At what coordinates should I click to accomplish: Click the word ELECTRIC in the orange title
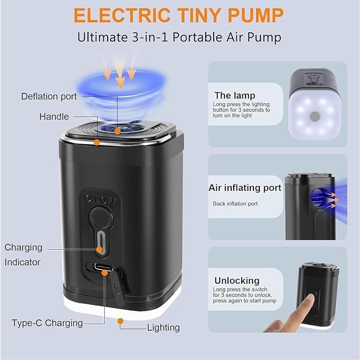[122, 15]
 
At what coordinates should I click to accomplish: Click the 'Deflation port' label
[49, 96]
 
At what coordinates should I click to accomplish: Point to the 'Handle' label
[54, 117]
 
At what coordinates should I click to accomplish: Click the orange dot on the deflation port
[117, 131]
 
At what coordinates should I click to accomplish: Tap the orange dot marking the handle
[97, 142]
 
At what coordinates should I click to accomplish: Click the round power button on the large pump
[101, 218]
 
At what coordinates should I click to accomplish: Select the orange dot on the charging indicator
[100, 250]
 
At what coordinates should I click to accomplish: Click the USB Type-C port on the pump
[103, 267]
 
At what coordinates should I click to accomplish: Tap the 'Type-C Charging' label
[47, 323]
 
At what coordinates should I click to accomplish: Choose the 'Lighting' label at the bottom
[163, 328]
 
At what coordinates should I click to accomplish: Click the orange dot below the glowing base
[120, 321]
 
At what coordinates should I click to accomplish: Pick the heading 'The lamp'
[235, 95]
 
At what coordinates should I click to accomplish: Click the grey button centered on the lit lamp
[314, 117]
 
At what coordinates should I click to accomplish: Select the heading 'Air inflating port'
[245, 188]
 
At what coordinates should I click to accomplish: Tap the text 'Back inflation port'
[235, 204]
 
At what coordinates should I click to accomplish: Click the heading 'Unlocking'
[237, 280]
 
